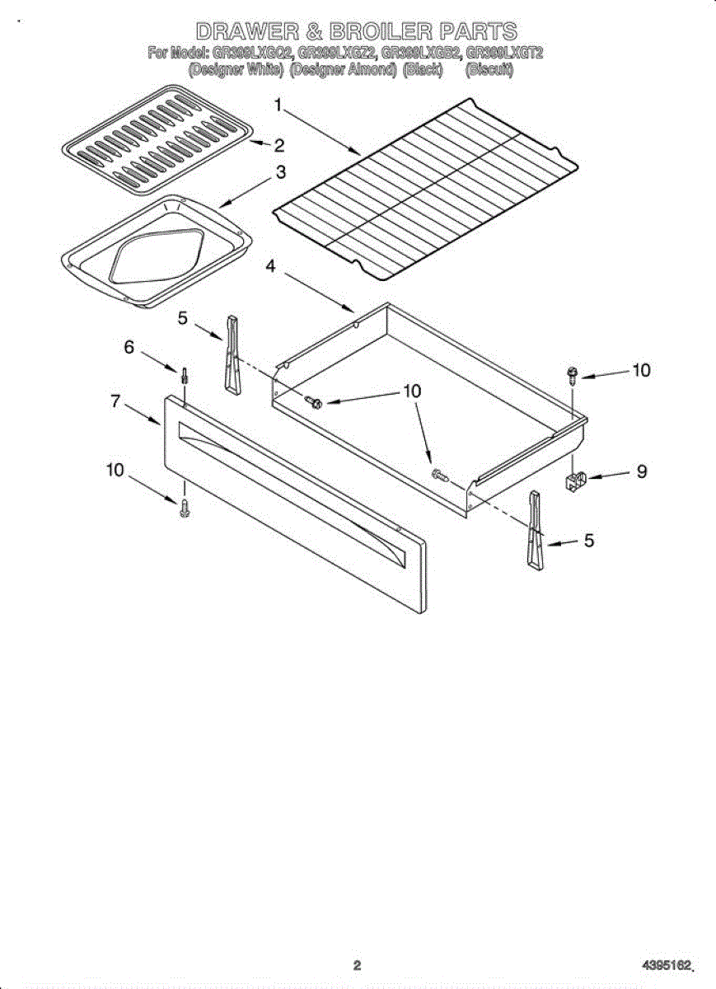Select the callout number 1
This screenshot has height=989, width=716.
pyautogui.click(x=278, y=105)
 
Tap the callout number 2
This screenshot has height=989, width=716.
pyautogui.click(x=279, y=147)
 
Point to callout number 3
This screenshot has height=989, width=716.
pyautogui.click(x=281, y=172)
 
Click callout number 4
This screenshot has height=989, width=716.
pyautogui.click(x=270, y=265)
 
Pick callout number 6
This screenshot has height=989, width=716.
pyautogui.click(x=129, y=348)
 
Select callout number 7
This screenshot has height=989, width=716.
pyautogui.click(x=115, y=401)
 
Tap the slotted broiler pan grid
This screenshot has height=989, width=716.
pyautogui.click(x=157, y=140)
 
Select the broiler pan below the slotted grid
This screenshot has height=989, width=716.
pyautogui.click(x=155, y=251)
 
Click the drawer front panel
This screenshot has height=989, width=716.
pyautogui.click(x=292, y=503)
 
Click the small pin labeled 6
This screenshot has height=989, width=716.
pyautogui.click(x=186, y=376)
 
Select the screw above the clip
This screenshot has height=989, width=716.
pyautogui.click(x=571, y=374)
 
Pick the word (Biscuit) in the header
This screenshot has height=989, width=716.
pyautogui.click(x=490, y=71)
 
